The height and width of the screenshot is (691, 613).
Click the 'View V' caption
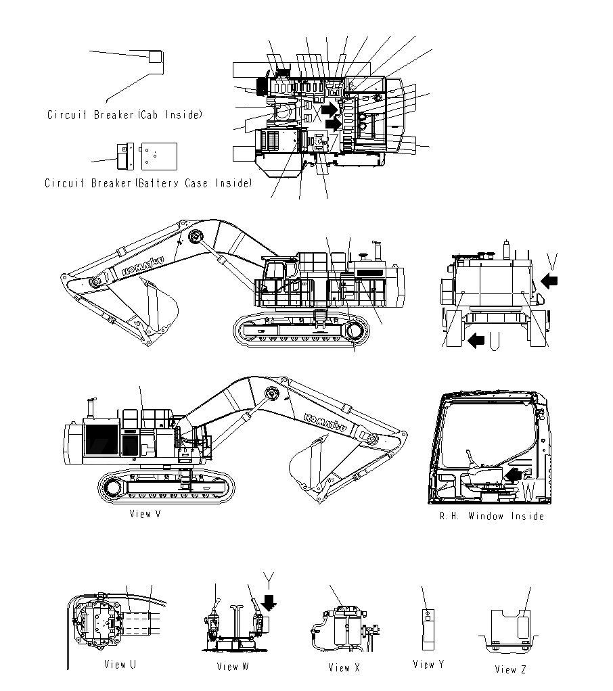point(145,514)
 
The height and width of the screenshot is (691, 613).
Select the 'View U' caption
point(120,665)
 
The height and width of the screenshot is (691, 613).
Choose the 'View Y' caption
point(428,665)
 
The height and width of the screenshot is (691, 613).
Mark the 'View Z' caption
point(510,669)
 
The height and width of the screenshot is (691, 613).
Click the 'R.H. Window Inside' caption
point(491,517)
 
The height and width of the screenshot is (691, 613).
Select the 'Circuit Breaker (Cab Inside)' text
point(124,115)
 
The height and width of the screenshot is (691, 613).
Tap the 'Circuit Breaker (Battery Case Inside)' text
point(148,183)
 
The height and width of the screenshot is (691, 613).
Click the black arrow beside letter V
point(550,279)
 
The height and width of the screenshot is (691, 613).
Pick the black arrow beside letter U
point(476,340)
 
